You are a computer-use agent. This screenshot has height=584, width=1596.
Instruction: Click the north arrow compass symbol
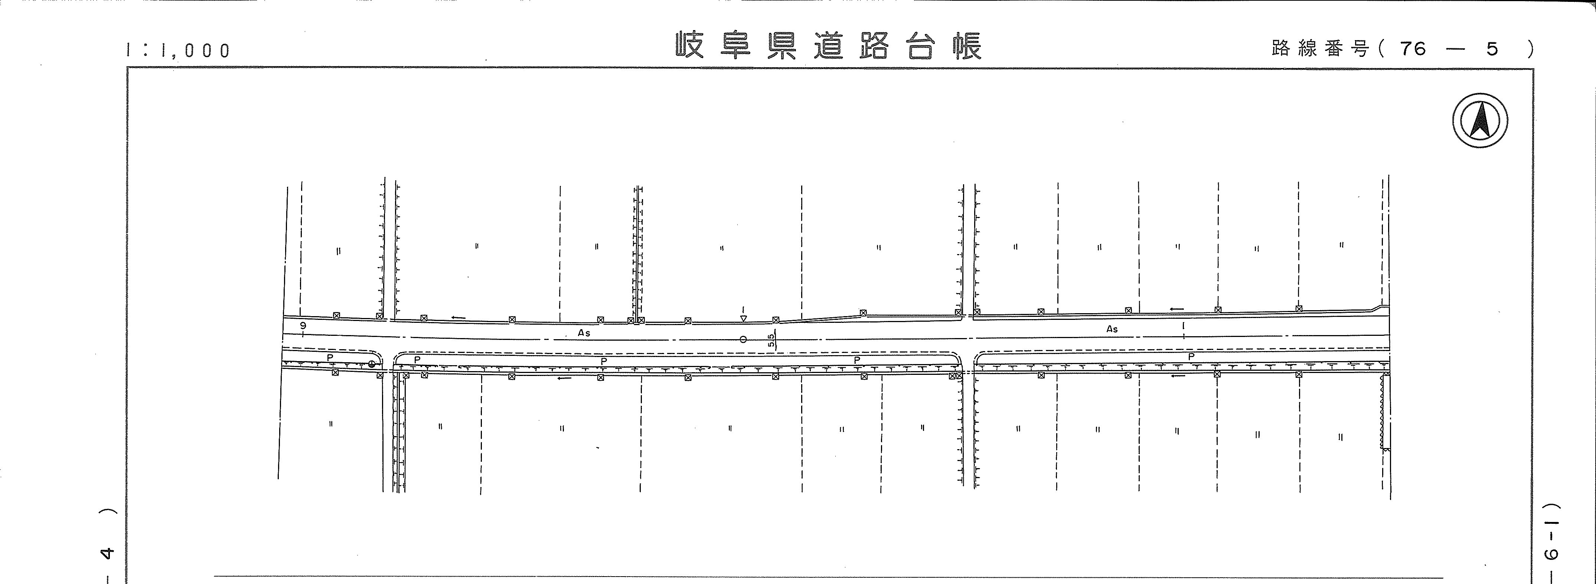click(1480, 120)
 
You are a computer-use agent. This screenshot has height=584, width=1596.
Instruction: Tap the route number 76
click(1413, 48)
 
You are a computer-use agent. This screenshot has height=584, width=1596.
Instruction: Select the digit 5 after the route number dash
click(1492, 48)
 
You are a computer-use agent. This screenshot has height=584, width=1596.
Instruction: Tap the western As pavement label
click(584, 333)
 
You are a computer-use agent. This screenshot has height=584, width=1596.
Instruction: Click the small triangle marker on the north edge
click(744, 319)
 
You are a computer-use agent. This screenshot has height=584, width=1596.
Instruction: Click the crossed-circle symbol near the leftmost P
click(372, 364)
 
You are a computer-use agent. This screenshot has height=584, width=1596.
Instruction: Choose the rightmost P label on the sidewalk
click(1191, 357)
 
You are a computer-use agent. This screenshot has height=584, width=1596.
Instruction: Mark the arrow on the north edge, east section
click(1176, 309)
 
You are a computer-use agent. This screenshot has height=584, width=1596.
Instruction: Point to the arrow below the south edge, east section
click(1178, 375)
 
